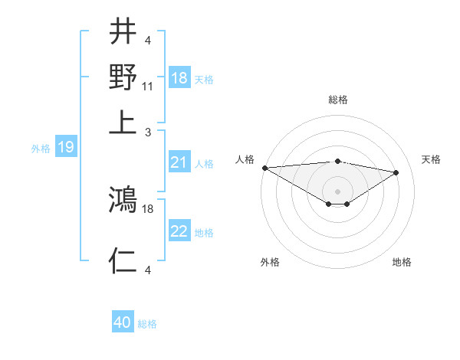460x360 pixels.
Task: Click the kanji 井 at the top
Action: click(x=123, y=33)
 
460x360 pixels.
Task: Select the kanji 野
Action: click(x=123, y=77)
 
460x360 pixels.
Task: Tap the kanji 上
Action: click(x=123, y=122)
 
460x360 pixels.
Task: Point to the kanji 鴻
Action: click(x=123, y=200)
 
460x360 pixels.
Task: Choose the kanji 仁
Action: click(x=123, y=261)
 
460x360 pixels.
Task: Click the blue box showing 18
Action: click(x=179, y=78)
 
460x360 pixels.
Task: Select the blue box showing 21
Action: click(x=179, y=162)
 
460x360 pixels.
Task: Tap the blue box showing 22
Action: click(x=179, y=231)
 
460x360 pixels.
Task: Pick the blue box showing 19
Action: click(x=66, y=147)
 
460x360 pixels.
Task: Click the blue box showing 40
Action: click(x=123, y=322)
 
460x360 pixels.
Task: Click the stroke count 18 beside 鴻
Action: click(x=149, y=208)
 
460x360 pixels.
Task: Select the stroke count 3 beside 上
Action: click(x=148, y=131)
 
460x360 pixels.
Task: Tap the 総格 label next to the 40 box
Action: click(x=147, y=324)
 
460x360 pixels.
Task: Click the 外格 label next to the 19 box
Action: click(x=41, y=149)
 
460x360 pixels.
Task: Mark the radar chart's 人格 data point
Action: click(x=264, y=168)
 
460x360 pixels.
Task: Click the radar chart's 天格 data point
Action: click(x=396, y=172)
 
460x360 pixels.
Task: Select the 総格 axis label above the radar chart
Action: click(x=338, y=100)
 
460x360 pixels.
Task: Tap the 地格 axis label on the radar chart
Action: click(x=402, y=262)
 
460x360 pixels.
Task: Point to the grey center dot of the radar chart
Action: click(x=338, y=190)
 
